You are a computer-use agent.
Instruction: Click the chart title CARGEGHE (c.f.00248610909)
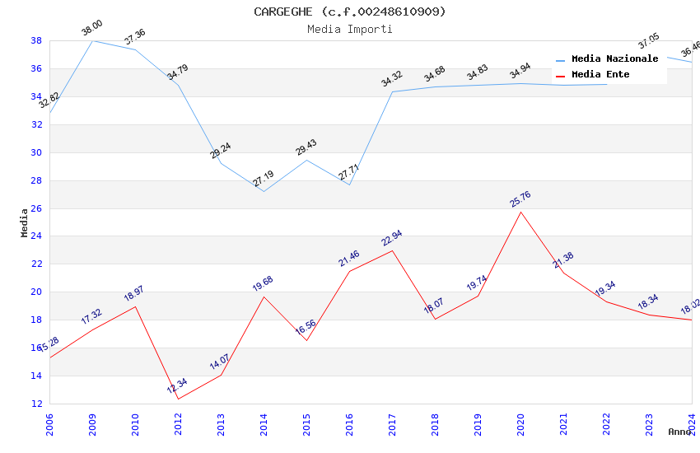[349, 12]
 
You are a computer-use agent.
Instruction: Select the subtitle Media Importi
[349, 30]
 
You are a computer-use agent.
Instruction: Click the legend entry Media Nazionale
[614, 59]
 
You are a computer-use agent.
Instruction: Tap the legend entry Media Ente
[600, 75]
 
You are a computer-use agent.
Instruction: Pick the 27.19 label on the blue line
[264, 178]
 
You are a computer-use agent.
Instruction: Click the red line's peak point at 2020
[520, 212]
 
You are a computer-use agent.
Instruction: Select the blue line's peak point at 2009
[92, 40]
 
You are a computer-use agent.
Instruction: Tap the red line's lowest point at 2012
[178, 399]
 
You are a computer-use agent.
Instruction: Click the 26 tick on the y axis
[36, 208]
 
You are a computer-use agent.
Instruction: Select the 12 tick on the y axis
[36, 404]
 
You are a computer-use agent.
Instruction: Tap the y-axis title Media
[25, 222]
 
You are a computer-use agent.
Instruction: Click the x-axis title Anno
[679, 432]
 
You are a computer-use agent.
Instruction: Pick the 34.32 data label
[392, 79]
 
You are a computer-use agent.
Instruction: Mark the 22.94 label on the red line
[392, 239]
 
